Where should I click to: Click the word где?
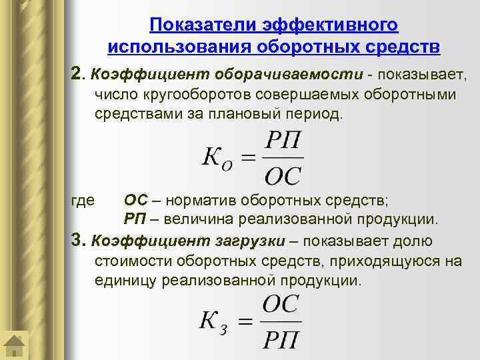tap(83, 199)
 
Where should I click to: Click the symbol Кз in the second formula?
tap(215, 322)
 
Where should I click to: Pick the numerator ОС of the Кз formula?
tap(281, 305)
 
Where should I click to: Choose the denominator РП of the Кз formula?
tap(281, 340)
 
